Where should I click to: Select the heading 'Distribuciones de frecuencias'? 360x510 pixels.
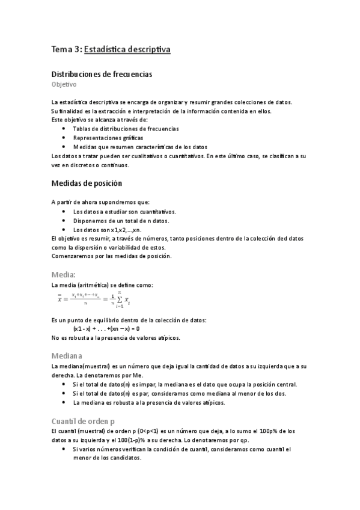click(102, 74)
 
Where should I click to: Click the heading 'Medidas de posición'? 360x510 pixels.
click(87, 183)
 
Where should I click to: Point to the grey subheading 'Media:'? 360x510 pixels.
click(64, 274)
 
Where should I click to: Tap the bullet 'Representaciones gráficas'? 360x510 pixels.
click(104, 138)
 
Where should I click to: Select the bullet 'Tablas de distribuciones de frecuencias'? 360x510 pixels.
click(125, 129)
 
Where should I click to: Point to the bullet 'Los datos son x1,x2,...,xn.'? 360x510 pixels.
click(107, 230)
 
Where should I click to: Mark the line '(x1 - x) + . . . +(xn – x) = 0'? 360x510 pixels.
click(106, 329)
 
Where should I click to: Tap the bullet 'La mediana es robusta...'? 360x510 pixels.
click(148, 402)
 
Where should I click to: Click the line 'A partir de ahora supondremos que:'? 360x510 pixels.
click(101, 202)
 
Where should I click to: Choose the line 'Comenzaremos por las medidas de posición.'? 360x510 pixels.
click(112, 256)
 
